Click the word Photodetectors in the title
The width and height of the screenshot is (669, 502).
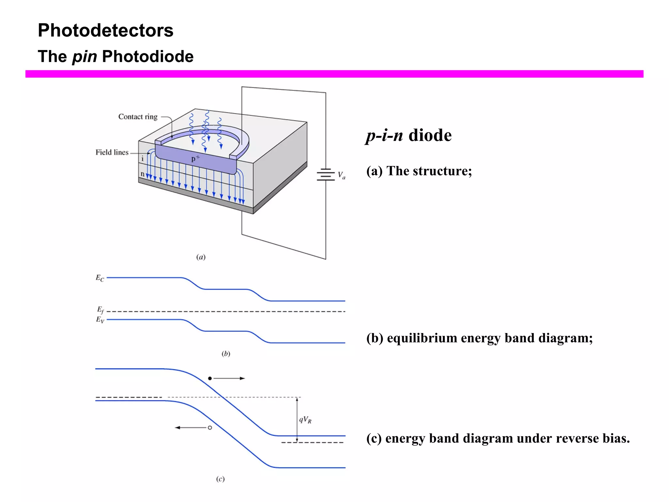(x=106, y=30)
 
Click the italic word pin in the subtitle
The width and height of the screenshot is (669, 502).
(x=85, y=57)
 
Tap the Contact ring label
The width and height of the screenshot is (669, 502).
(x=138, y=117)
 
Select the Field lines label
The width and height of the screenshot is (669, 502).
(x=112, y=152)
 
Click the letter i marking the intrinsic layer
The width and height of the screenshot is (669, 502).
(x=142, y=159)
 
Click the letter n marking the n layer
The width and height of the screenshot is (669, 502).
(x=142, y=174)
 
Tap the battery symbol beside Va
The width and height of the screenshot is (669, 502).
(x=325, y=175)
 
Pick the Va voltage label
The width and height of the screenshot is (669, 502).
(x=341, y=175)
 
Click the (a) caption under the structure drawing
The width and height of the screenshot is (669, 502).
(x=201, y=257)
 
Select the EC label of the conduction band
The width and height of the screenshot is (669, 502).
(x=100, y=278)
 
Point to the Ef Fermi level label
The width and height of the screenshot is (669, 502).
(x=100, y=310)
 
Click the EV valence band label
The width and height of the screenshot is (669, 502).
(x=100, y=320)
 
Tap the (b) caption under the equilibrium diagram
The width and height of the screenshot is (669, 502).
(x=226, y=354)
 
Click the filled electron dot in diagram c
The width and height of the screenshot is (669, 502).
(x=210, y=378)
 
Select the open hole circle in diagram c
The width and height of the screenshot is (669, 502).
(x=210, y=427)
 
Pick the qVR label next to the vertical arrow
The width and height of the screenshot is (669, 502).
(x=305, y=420)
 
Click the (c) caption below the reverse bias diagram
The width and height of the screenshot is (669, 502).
(x=220, y=479)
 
